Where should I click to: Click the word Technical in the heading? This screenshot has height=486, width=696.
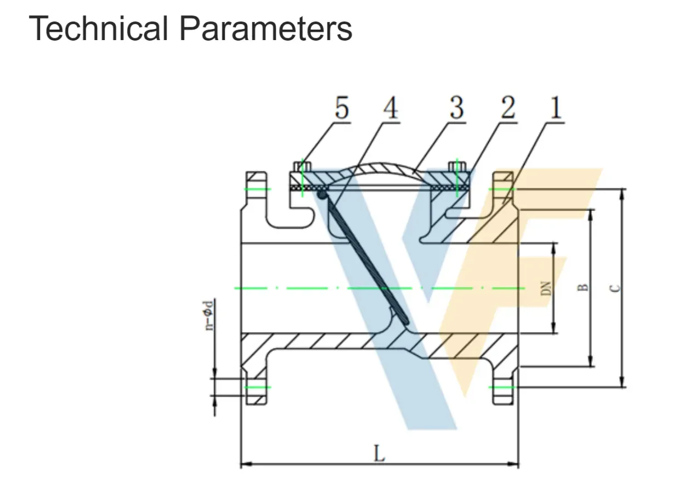pos(98,29)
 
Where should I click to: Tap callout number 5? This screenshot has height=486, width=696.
pos(341,108)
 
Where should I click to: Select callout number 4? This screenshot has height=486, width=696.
pos(390,108)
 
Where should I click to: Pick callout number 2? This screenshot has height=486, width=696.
pos(507,108)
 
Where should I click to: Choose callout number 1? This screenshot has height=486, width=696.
pos(556,108)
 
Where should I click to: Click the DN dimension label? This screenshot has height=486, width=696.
pos(546,288)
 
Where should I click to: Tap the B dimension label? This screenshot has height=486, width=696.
pos(584,287)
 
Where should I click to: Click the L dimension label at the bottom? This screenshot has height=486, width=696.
pos(379,454)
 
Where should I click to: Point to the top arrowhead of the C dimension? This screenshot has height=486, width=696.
pos(621,193)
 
